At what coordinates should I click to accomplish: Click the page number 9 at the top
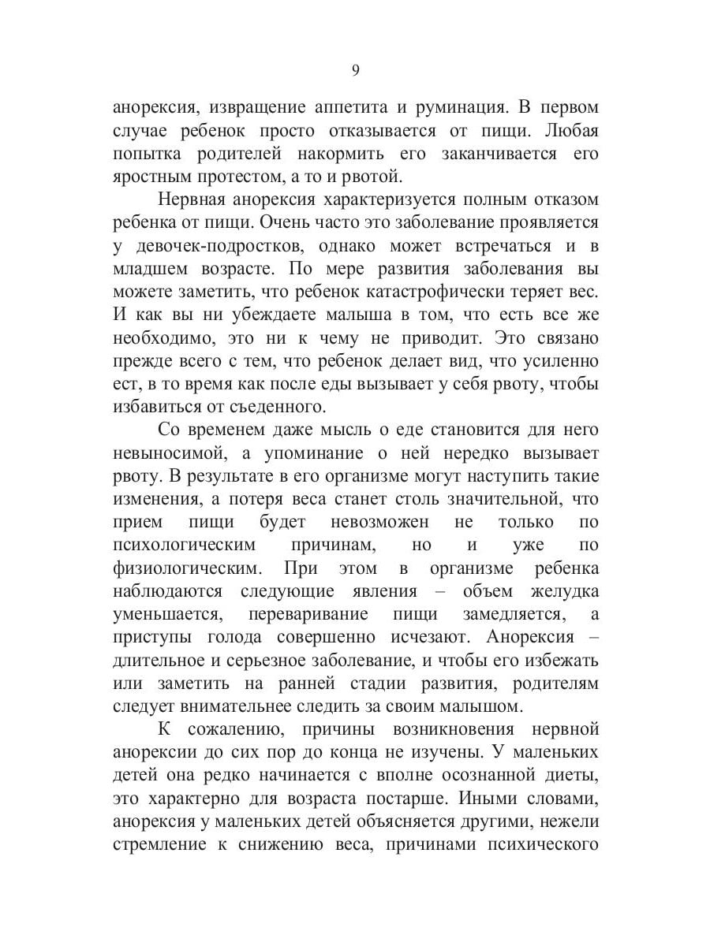pyautogui.click(x=355, y=71)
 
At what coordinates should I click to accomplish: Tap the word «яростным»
pyautogui.click(x=148, y=177)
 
